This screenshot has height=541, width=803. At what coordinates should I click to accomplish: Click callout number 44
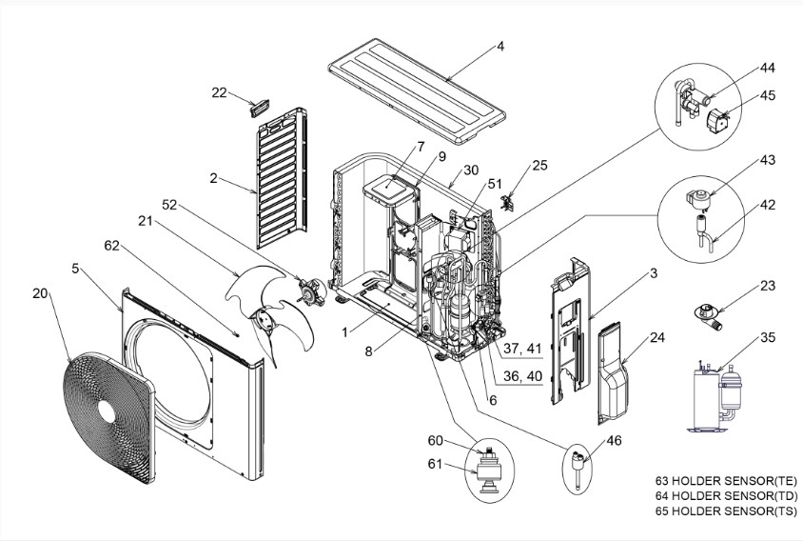(x=767, y=68)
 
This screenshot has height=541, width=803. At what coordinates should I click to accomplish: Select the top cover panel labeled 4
(x=417, y=90)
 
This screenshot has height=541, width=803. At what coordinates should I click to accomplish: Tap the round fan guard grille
(x=108, y=416)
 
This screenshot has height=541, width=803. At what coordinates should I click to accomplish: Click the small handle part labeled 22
(x=260, y=109)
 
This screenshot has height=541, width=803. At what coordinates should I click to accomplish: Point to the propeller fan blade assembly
(x=271, y=312)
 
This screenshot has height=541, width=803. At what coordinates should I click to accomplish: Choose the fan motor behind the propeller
(x=312, y=291)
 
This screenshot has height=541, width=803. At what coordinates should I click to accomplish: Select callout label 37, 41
(x=522, y=349)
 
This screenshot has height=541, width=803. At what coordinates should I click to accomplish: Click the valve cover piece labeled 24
(x=613, y=373)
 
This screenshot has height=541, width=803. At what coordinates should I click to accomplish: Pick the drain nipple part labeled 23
(x=707, y=315)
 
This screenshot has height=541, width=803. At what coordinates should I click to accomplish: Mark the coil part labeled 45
(x=717, y=122)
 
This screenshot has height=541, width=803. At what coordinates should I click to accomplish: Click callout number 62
(x=111, y=246)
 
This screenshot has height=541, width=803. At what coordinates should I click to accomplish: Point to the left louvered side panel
(x=282, y=178)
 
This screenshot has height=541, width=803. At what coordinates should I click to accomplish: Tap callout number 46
(x=614, y=440)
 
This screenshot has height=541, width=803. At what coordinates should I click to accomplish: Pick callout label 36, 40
(x=522, y=376)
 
